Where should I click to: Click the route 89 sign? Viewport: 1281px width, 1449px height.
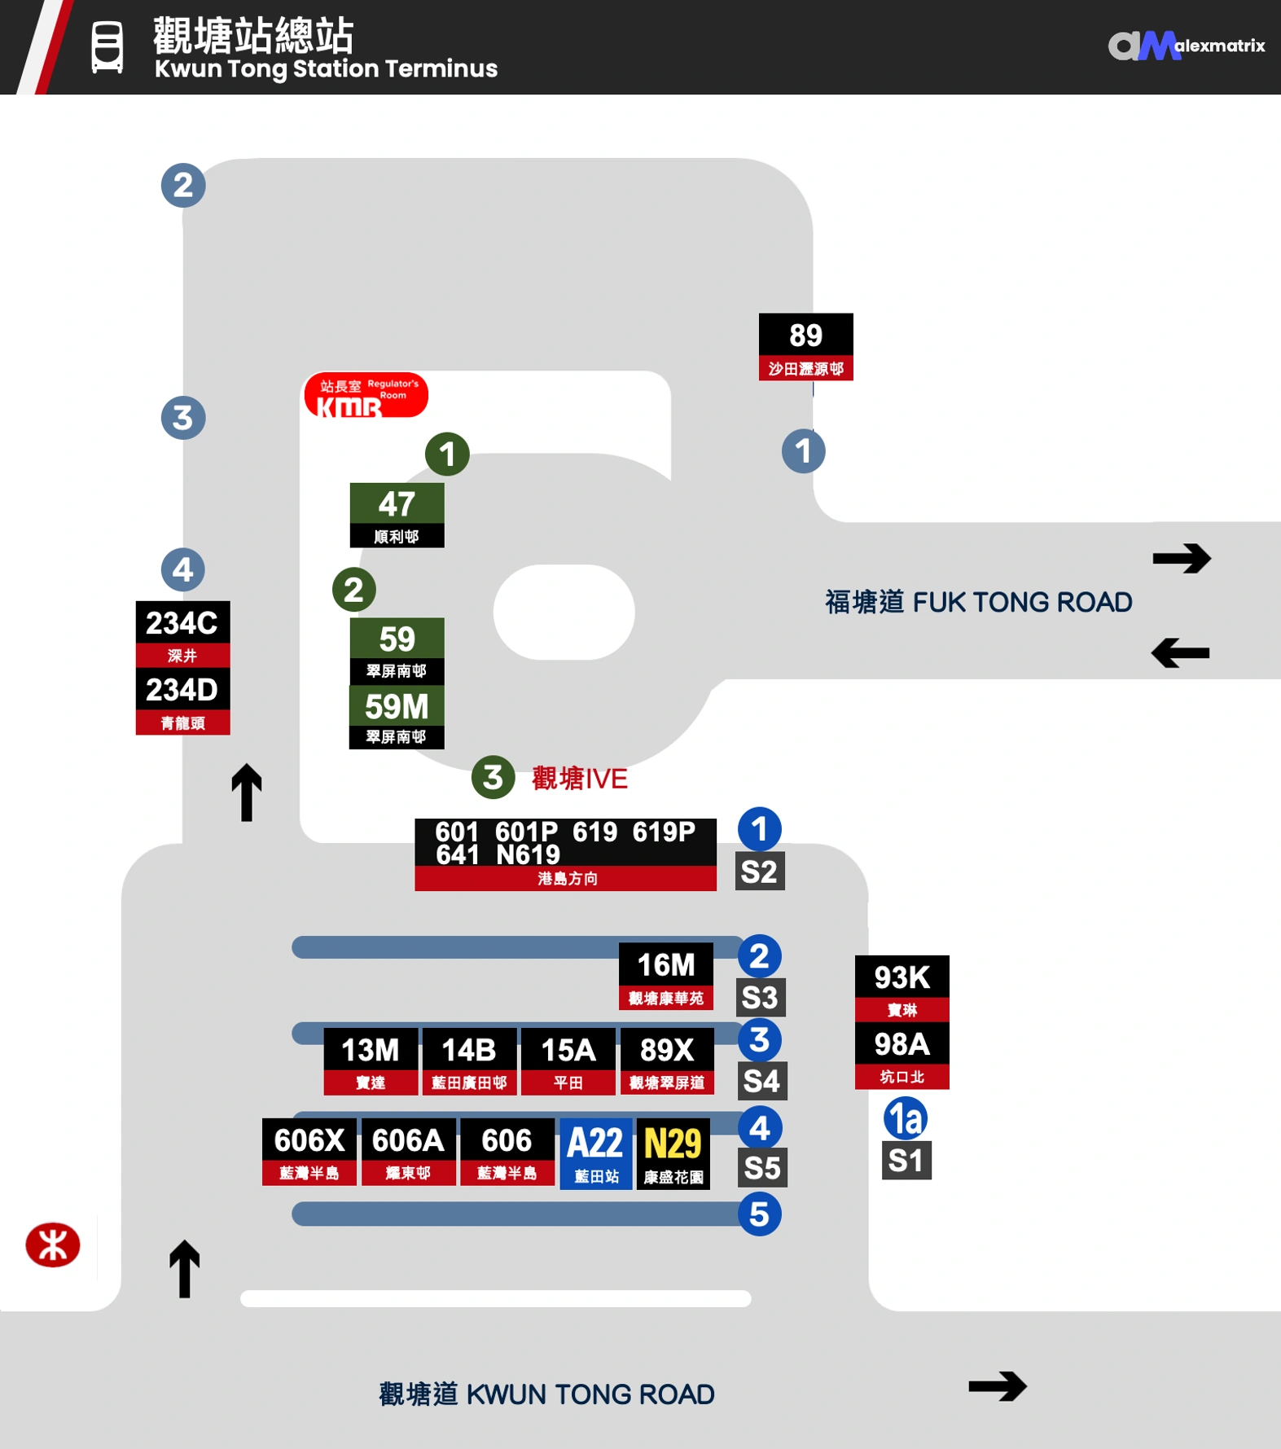(805, 346)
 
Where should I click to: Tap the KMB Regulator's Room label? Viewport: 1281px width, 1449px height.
(366, 395)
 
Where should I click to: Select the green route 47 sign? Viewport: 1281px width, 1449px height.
(397, 515)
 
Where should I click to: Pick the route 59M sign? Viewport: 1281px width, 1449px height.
(397, 716)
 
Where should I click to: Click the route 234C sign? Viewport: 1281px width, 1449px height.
(182, 633)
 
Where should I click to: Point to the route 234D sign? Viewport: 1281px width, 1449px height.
(182, 700)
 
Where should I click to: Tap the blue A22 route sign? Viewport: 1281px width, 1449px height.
(595, 1153)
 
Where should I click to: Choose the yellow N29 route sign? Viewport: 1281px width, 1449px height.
(673, 1153)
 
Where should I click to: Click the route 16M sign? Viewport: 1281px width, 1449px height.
(665, 976)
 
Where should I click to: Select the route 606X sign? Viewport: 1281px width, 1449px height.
(309, 1151)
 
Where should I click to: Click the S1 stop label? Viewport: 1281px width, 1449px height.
(906, 1160)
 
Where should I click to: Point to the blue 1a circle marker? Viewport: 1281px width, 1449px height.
(905, 1118)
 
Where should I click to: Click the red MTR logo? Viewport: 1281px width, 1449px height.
(53, 1245)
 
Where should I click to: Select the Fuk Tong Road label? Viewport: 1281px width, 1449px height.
(978, 602)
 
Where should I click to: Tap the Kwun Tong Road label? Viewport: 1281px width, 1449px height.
(546, 1394)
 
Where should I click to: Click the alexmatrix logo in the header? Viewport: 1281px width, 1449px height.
(1185, 46)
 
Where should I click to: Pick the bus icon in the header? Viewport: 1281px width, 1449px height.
(107, 46)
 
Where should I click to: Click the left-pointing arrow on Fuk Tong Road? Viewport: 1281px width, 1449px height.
(1180, 652)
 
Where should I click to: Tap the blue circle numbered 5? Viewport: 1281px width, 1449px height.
(759, 1214)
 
